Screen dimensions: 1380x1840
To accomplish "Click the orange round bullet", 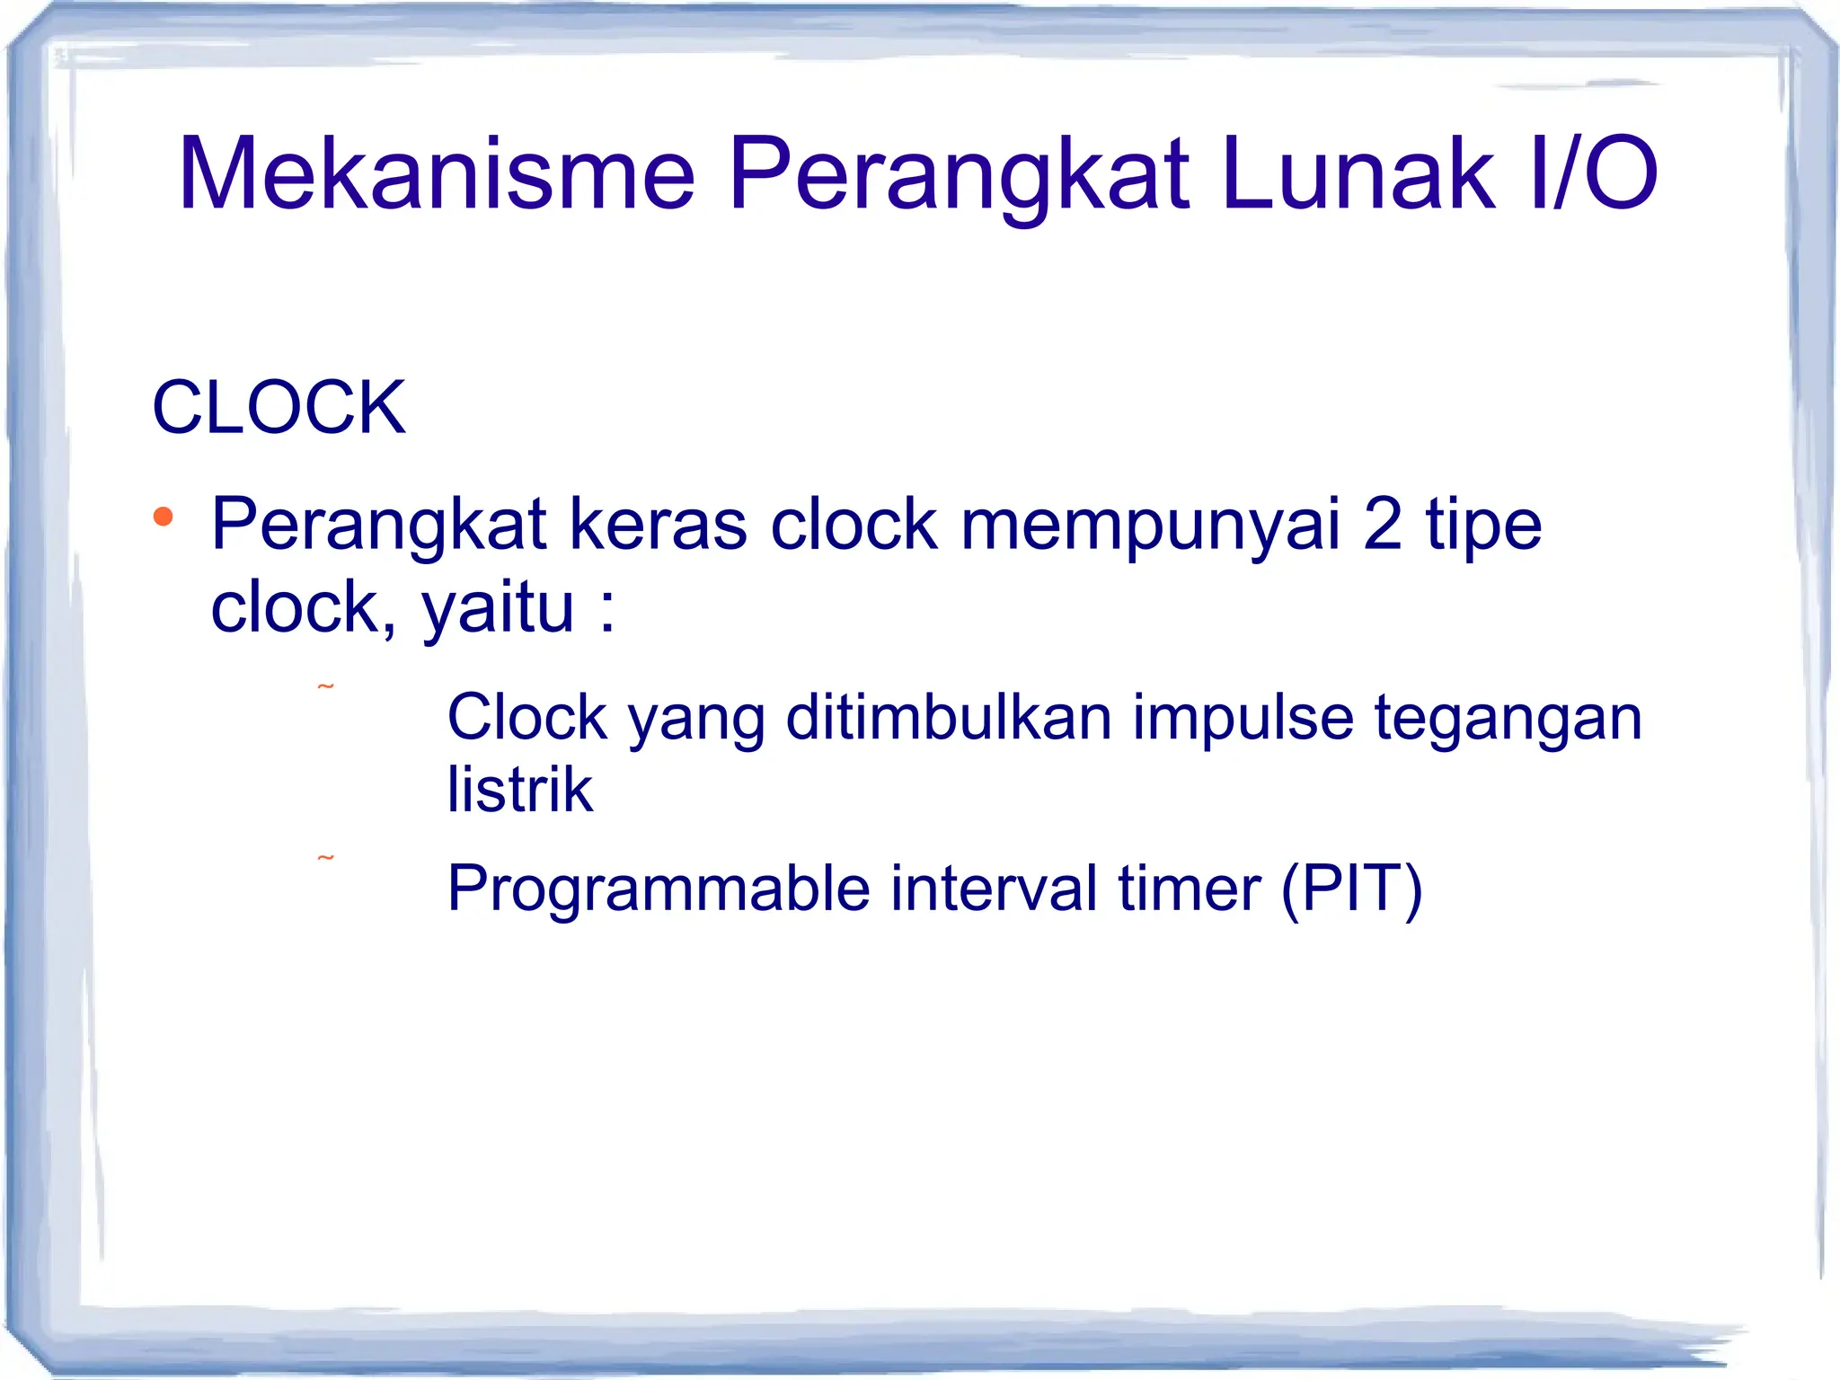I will tap(163, 517).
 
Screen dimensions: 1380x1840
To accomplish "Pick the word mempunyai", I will tap(1150, 525).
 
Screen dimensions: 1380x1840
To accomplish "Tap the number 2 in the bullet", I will tap(1382, 525).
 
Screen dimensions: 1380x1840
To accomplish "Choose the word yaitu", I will tap(497, 608).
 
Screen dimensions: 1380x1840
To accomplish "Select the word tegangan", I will tap(1508, 719).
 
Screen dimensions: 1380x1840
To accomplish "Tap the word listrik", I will tap(520, 790).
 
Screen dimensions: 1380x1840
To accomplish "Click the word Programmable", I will tap(659, 889).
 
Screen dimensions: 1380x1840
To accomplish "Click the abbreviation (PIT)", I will tap(1351, 889).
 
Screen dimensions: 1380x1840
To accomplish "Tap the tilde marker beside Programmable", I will tap(325, 859).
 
